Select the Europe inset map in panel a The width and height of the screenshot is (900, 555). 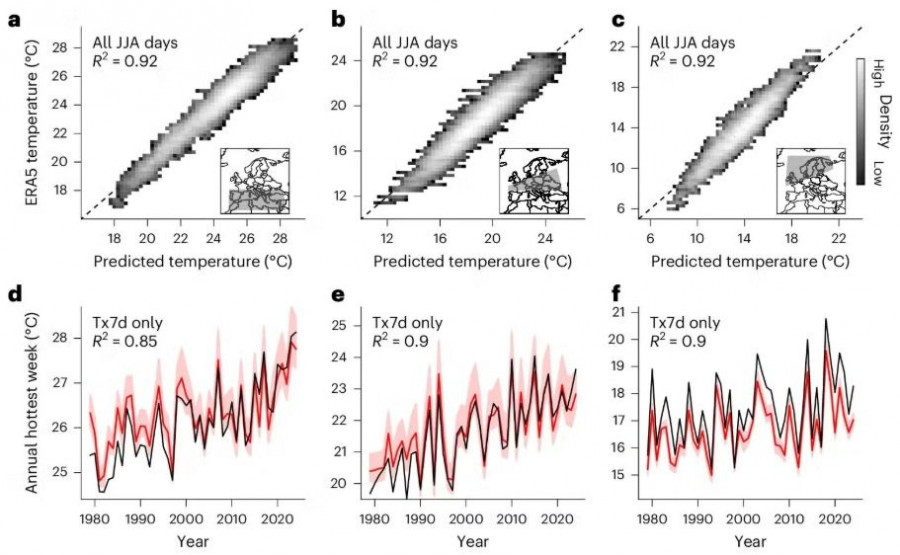(253, 181)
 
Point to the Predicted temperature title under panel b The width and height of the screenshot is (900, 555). (455, 261)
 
